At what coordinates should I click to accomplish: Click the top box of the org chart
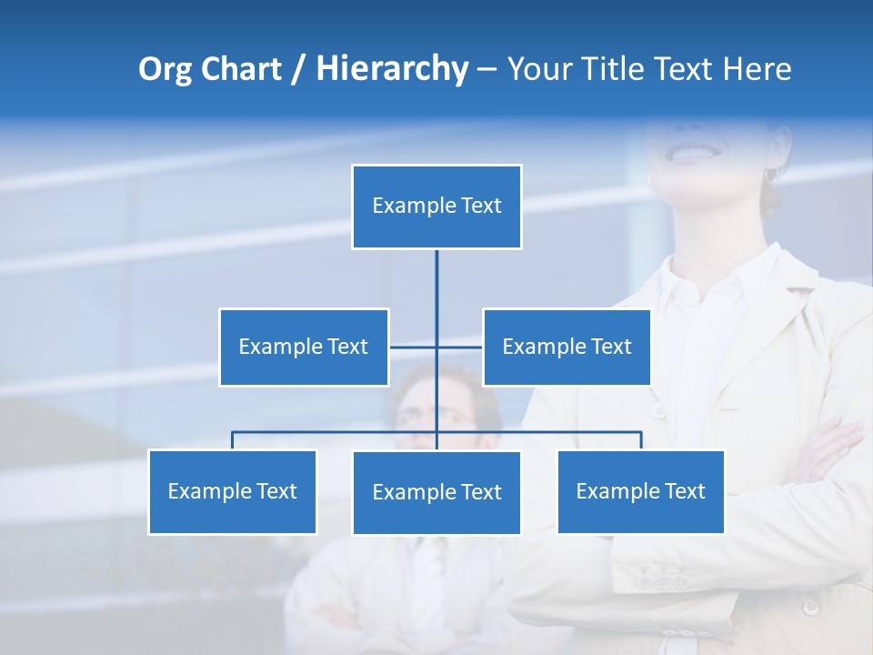tap(436, 207)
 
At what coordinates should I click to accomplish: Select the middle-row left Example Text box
tap(304, 347)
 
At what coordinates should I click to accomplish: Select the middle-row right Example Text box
tap(567, 347)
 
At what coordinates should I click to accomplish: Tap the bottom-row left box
tap(232, 491)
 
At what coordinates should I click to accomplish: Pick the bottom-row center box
tap(436, 492)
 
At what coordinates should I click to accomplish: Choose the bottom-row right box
tap(640, 491)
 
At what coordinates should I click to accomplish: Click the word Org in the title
tap(165, 69)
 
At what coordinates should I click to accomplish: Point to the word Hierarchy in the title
tap(392, 69)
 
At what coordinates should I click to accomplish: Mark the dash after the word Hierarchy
tap(487, 70)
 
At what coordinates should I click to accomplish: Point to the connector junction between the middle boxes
tap(436, 347)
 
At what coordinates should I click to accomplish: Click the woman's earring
tap(772, 172)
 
